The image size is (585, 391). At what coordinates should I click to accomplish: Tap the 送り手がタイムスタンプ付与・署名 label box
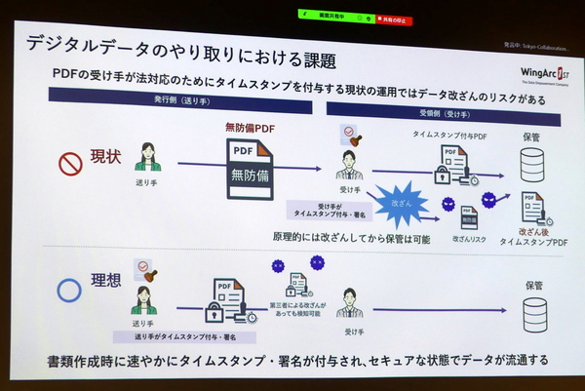[185, 335]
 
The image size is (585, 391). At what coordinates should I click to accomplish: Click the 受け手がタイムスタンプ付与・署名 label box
[330, 209]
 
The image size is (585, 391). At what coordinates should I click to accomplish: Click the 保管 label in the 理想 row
[532, 286]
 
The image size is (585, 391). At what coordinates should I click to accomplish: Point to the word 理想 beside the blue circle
[107, 282]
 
